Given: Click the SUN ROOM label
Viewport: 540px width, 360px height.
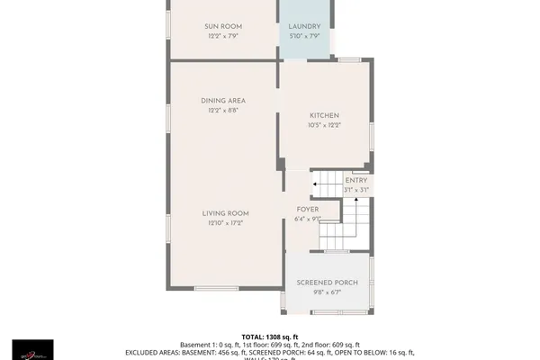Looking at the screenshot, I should click(224, 27).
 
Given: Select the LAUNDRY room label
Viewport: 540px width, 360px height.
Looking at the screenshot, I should click(304, 27).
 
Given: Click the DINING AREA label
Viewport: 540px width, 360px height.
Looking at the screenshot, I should click(223, 101).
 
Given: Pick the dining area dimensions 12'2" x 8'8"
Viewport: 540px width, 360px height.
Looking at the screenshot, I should click(223, 112).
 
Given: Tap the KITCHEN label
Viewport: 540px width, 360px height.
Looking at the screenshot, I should click(324, 116).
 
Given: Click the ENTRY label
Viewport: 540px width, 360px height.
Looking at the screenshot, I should click(356, 181).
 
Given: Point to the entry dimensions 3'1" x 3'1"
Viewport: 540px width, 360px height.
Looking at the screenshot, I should click(356, 191).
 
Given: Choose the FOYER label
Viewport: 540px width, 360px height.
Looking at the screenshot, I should click(308, 209).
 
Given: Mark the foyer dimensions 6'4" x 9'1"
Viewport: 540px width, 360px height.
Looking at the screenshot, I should click(308, 219).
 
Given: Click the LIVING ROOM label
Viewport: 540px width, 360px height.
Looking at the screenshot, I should click(225, 213).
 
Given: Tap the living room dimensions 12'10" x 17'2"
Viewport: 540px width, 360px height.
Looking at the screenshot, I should click(225, 223).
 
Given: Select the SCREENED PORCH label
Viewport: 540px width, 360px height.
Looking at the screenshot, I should click(328, 283).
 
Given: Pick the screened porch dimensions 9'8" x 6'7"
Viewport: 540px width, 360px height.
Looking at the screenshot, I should click(328, 292).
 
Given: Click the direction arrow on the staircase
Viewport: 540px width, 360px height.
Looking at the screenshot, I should click(317, 184).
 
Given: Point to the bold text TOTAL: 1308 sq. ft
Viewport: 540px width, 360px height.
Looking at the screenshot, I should click(269, 335).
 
